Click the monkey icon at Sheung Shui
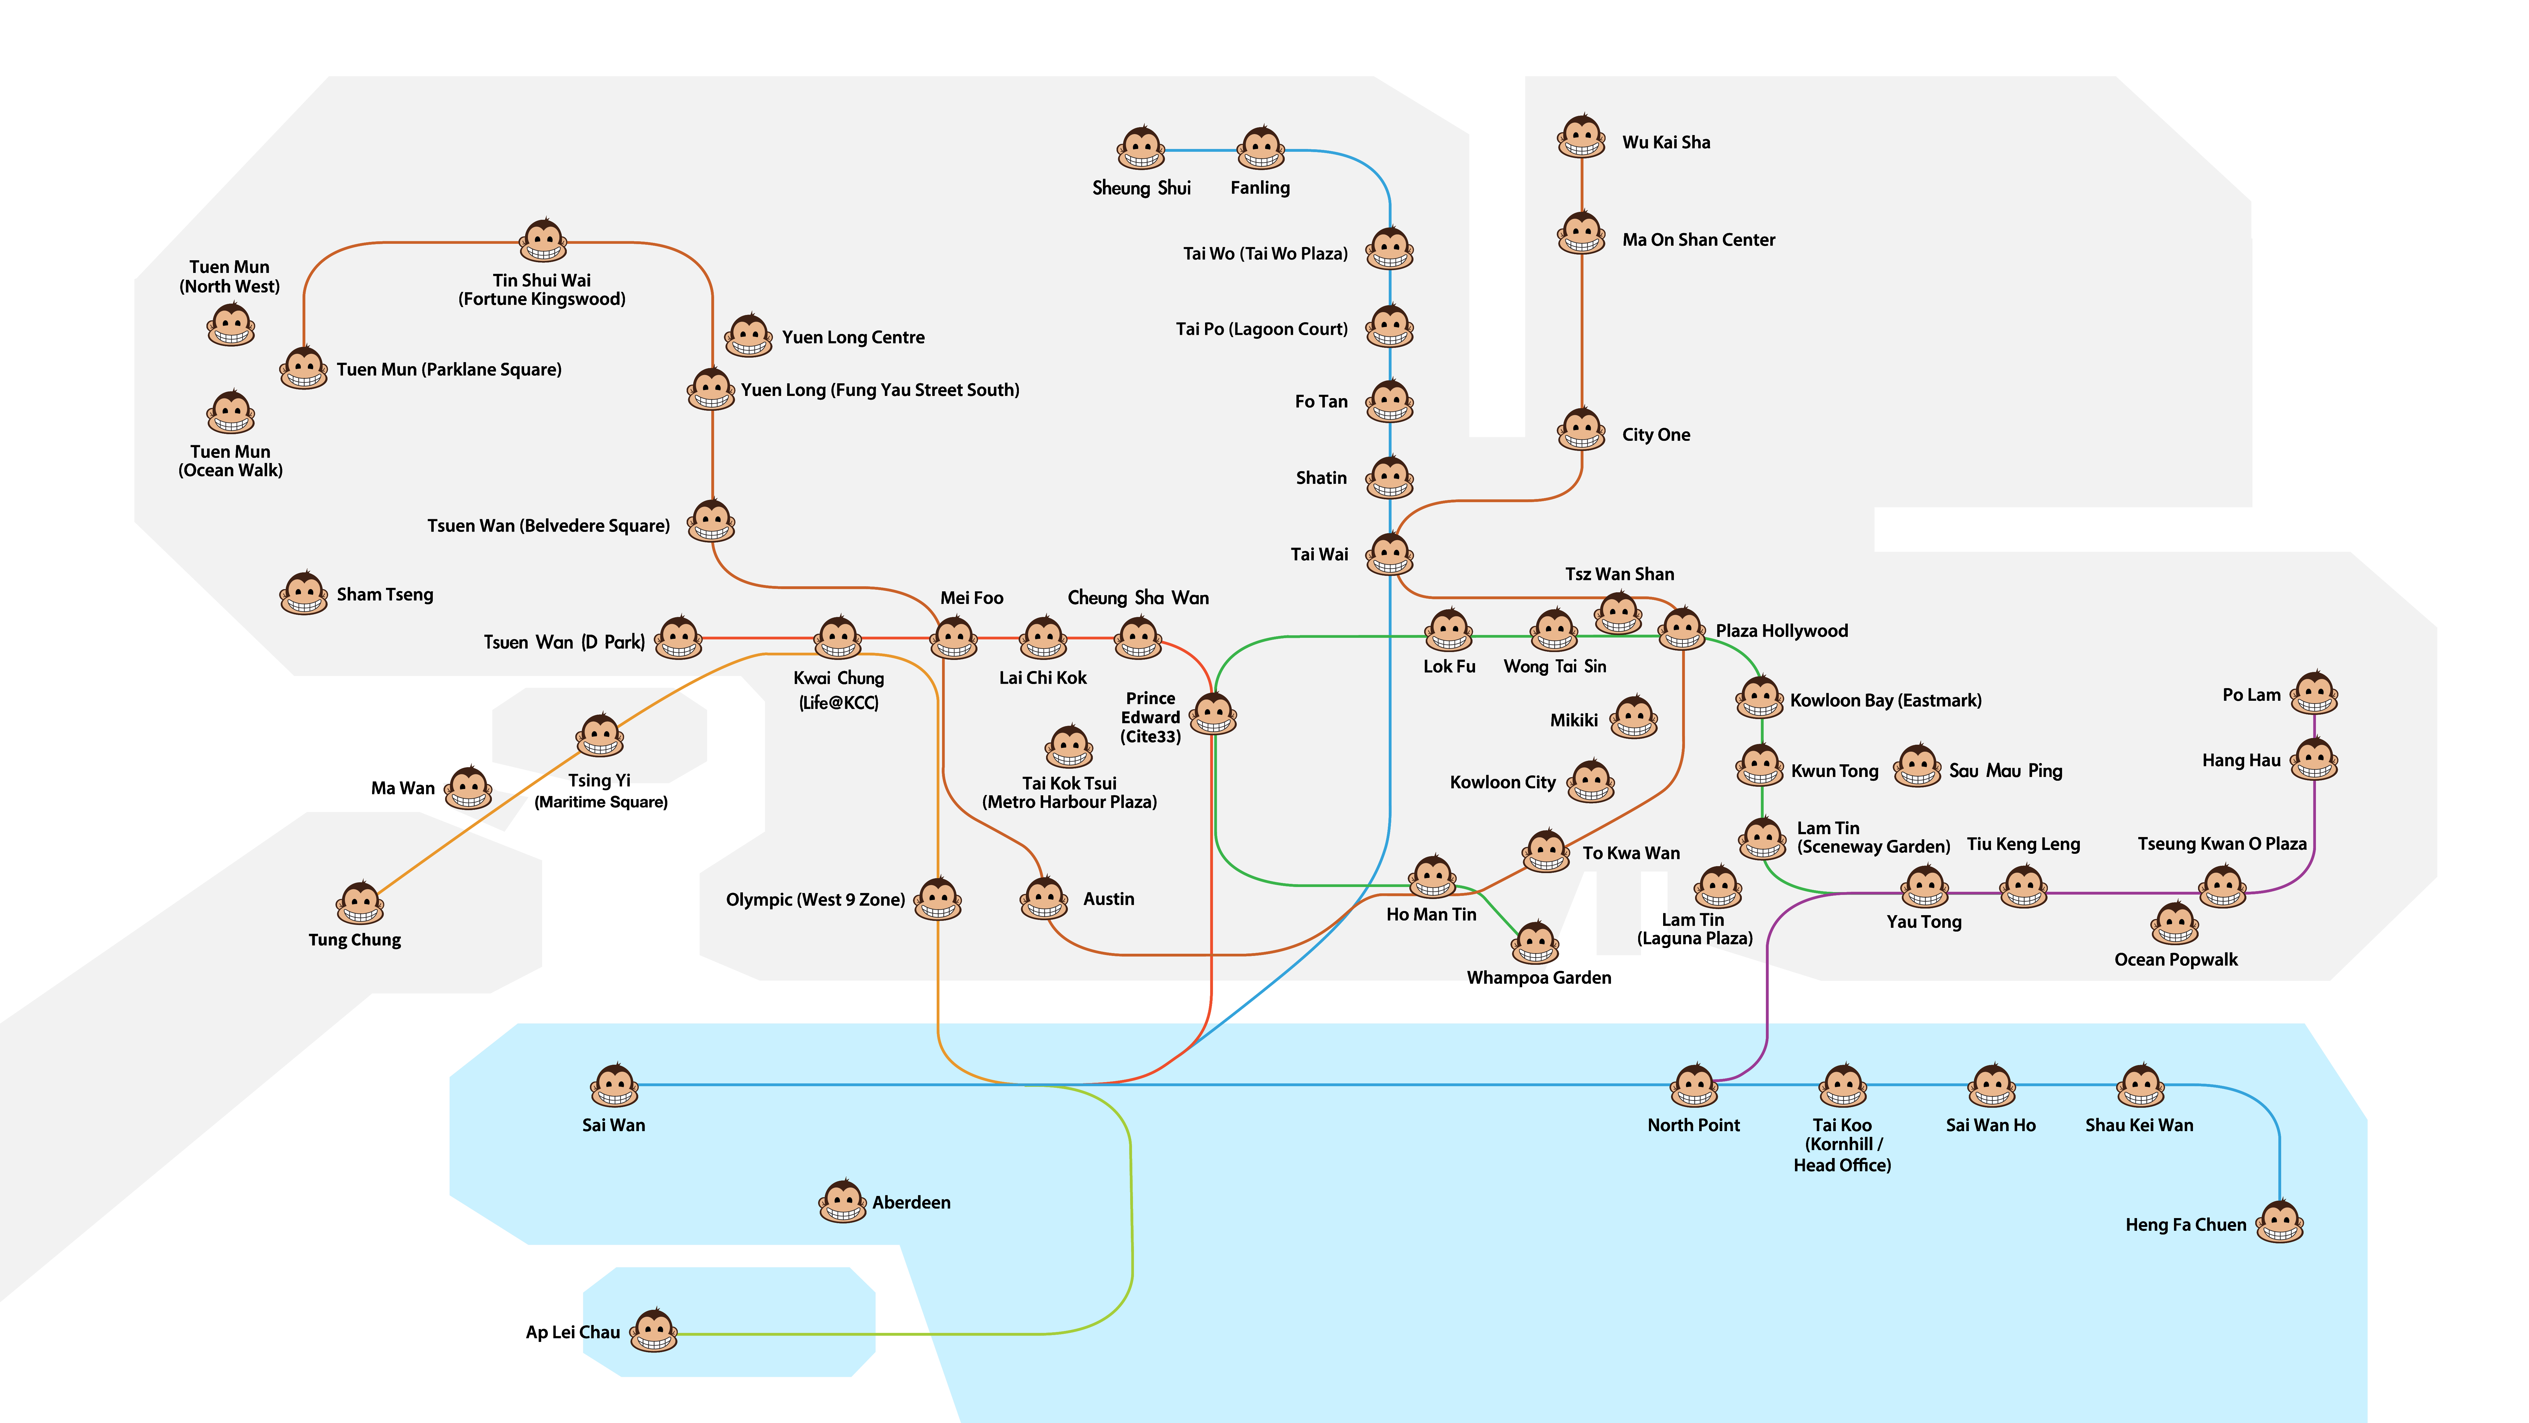click(1141, 148)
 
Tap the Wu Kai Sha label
click(1666, 142)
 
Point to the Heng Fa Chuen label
click(2185, 1225)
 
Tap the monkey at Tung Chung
click(360, 903)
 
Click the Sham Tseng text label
click(385, 594)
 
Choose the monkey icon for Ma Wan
click(469, 788)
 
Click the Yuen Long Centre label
click(853, 337)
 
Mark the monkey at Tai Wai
click(1390, 554)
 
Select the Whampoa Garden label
click(1538, 977)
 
